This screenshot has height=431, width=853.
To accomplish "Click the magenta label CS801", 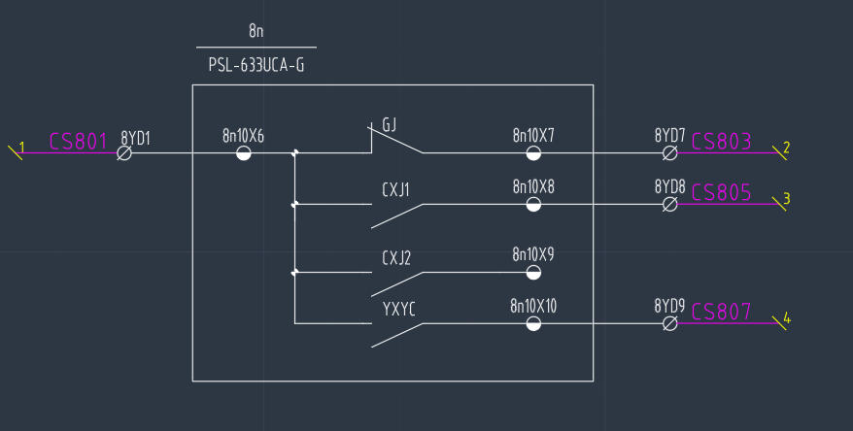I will click(78, 142).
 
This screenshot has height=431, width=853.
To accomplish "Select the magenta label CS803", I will click(721, 142).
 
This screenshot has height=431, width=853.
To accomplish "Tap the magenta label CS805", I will click(721, 192).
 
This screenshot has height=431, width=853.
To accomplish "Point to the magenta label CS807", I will click(721, 312).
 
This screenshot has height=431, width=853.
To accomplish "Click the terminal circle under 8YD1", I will click(125, 153).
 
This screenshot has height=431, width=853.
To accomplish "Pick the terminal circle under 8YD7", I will click(669, 153).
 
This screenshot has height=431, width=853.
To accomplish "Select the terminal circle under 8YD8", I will click(669, 204).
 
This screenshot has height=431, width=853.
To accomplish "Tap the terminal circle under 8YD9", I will click(669, 323).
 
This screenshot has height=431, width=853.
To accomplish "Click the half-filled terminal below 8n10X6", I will click(244, 153).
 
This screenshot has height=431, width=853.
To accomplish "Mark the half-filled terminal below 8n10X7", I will click(533, 153).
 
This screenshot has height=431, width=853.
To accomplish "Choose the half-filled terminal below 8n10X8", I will click(533, 204).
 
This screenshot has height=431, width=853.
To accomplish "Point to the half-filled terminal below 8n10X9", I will click(533, 273).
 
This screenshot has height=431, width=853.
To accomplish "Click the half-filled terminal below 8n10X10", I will click(533, 323).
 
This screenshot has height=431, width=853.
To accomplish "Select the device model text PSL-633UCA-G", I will click(256, 65).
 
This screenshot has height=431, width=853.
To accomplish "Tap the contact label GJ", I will click(390, 125).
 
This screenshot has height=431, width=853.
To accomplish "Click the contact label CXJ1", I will click(396, 188).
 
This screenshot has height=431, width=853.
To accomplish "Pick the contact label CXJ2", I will click(396, 257).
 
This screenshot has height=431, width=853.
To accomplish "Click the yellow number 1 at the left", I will click(21, 147).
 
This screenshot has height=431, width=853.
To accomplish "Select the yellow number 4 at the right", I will click(787, 318).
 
